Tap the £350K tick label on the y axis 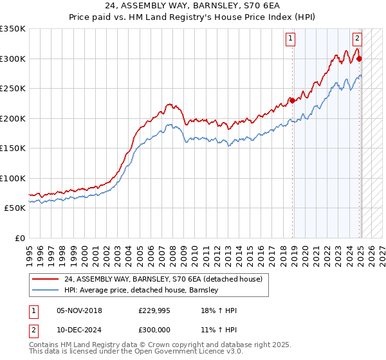coord(13,29)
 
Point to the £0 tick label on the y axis coord(19,238)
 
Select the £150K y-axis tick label coord(13,148)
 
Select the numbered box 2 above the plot coord(357,37)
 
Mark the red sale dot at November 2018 coord(292,100)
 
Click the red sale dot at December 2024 coord(359,59)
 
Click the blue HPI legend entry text coord(142,290)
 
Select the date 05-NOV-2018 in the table coord(80,310)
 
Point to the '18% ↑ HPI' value coord(219,310)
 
